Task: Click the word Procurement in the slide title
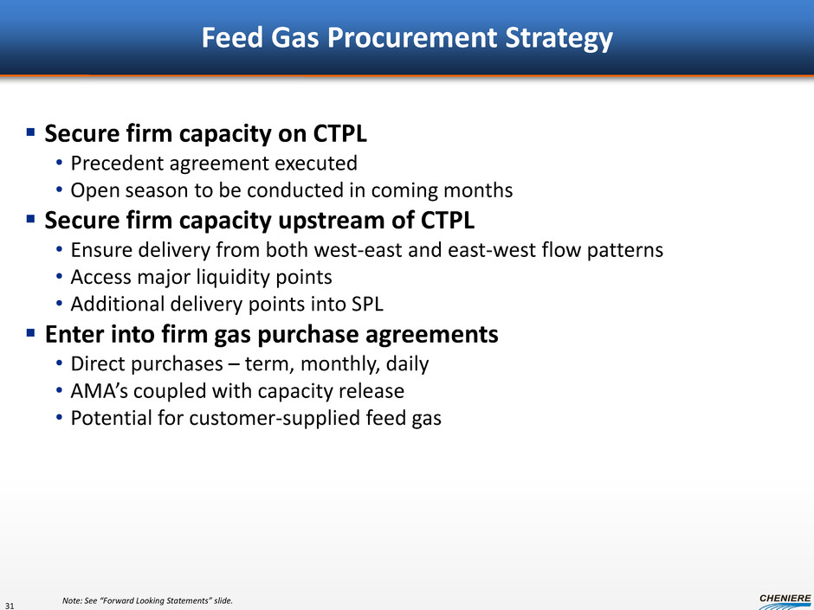(413, 38)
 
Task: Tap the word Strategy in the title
(559, 38)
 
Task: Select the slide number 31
(10, 605)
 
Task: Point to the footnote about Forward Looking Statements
(147, 600)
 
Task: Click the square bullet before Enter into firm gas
(30, 332)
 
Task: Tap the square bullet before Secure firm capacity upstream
(30, 218)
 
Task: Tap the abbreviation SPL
(367, 304)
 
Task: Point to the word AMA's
(100, 391)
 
